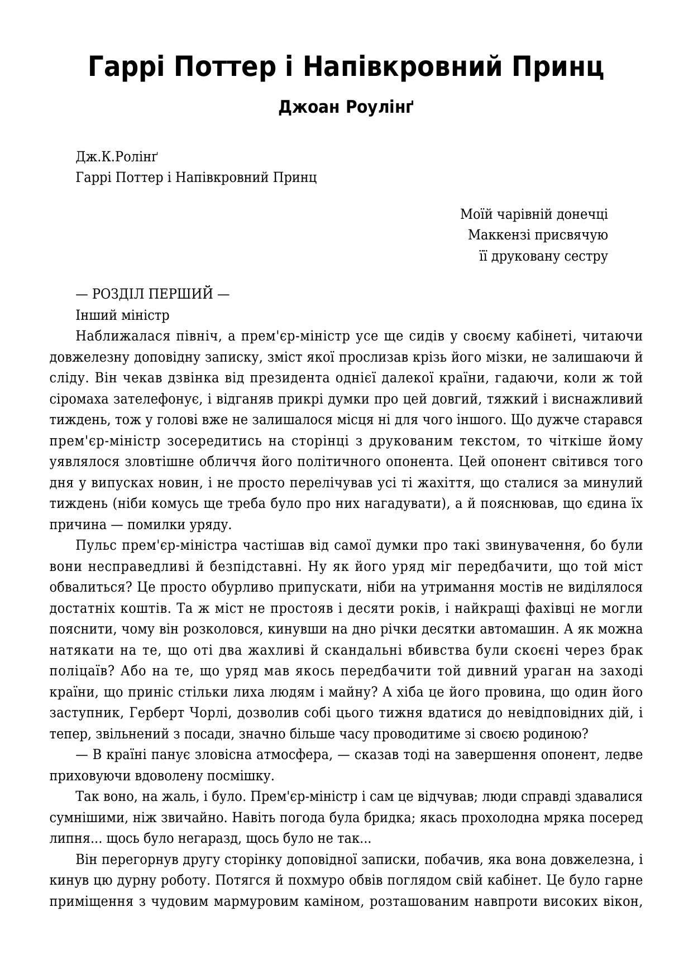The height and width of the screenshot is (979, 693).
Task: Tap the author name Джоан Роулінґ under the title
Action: [x=346, y=107]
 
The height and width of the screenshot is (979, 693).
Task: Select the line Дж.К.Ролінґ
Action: [x=117, y=157]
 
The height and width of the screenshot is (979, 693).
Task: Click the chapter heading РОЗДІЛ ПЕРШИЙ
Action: [x=152, y=294]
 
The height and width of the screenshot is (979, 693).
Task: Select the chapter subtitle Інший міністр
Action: [x=122, y=315]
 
